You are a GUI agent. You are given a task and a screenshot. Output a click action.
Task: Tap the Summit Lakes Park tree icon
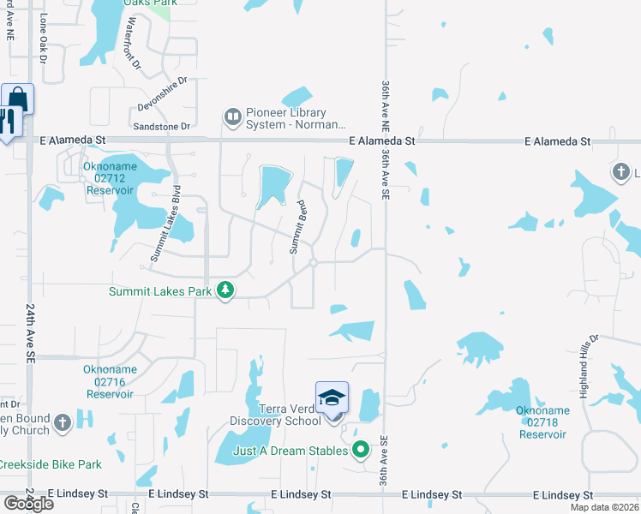225,291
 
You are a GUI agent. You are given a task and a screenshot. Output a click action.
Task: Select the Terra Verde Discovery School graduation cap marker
332,398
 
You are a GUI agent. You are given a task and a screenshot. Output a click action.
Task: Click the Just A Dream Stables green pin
362,448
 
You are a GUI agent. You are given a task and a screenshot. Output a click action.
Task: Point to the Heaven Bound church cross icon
63,422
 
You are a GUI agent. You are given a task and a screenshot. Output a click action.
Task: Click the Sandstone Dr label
163,127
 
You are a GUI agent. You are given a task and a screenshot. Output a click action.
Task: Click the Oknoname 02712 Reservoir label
110,178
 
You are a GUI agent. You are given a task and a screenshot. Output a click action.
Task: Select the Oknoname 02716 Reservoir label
110,382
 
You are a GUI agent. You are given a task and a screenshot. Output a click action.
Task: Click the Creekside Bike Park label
50,465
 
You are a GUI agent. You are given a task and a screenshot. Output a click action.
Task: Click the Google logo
27,504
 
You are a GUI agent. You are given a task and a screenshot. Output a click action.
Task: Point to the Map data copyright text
604,507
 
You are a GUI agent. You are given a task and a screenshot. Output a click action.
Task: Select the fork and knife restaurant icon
9,120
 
